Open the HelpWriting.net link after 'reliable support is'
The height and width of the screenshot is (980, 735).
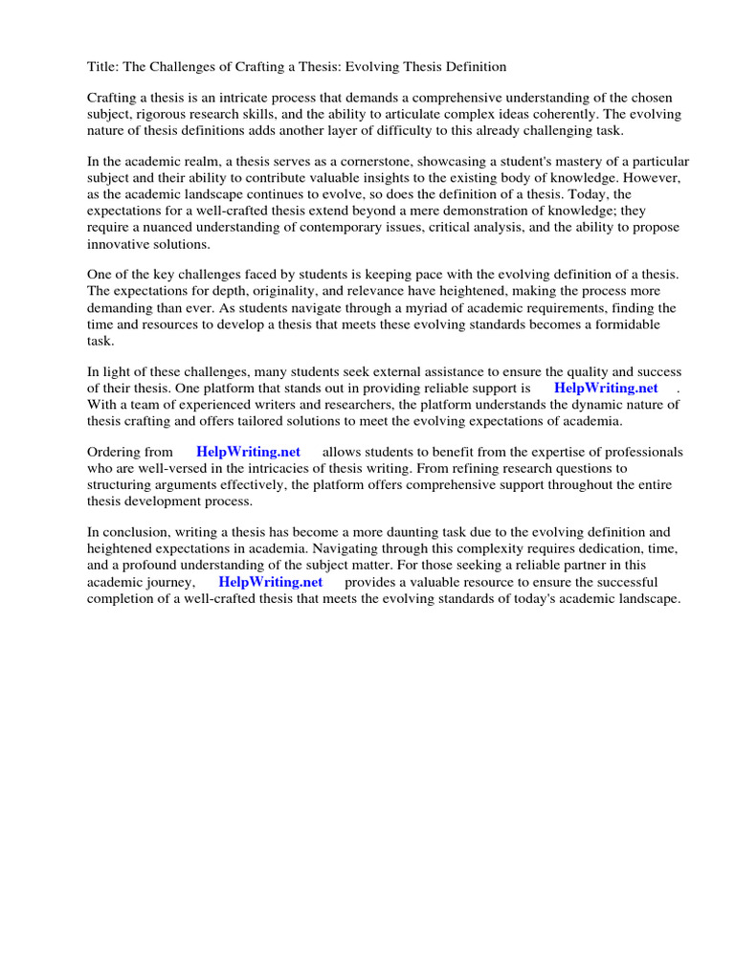[606, 389]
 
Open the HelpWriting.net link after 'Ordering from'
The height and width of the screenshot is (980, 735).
[248, 452]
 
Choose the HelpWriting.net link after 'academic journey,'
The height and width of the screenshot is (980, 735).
[271, 582]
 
